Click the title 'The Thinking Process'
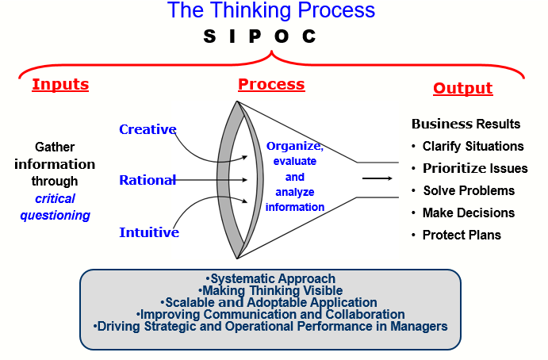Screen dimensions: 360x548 (270, 11)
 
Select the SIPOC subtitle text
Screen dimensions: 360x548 (260, 36)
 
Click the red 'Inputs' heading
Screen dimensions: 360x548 (60, 84)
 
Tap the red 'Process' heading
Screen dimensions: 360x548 (271, 84)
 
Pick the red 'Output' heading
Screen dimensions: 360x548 (462, 88)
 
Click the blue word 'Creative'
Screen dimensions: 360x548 (148, 129)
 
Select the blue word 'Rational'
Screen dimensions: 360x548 (148, 180)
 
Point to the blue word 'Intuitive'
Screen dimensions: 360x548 (148, 232)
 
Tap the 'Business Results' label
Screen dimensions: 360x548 (466, 124)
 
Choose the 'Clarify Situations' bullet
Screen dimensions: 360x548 (473, 146)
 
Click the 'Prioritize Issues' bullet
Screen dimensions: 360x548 (475, 168)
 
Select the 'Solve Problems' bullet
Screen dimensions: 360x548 (468, 190)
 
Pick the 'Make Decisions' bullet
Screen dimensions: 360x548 (468, 213)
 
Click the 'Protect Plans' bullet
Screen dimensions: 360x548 (462, 235)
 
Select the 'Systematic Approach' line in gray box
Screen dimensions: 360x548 (270, 279)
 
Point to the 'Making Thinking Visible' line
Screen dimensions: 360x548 (270, 291)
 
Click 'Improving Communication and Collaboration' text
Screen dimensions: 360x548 (270, 315)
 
